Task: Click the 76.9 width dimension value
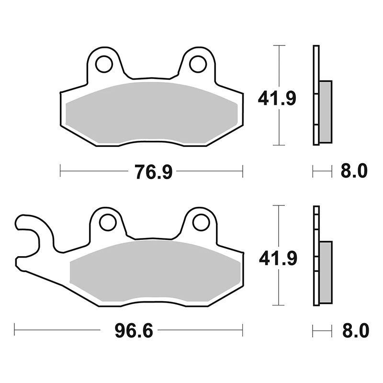pyautogui.click(x=154, y=172)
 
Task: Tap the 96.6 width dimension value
pyautogui.click(x=134, y=330)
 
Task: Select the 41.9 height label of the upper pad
pyautogui.click(x=277, y=98)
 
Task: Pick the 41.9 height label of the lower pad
pyautogui.click(x=278, y=259)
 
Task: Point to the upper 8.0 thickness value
pyautogui.click(x=354, y=171)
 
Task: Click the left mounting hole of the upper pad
pyautogui.click(x=104, y=64)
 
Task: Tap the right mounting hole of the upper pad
pyautogui.click(x=198, y=64)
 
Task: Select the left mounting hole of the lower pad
pyautogui.click(x=108, y=222)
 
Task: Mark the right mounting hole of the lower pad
pyautogui.click(x=201, y=222)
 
